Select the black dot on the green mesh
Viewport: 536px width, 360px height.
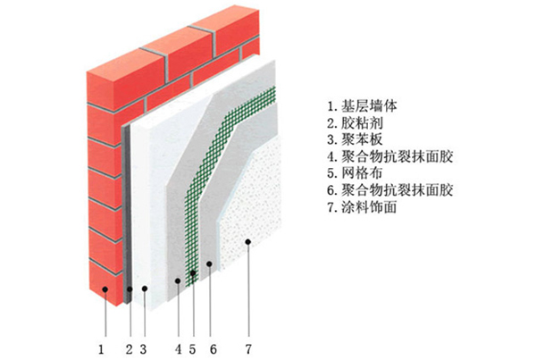[192, 272]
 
